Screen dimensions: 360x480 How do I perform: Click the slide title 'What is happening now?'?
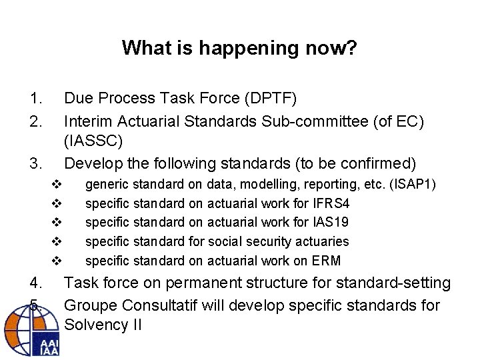239,48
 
